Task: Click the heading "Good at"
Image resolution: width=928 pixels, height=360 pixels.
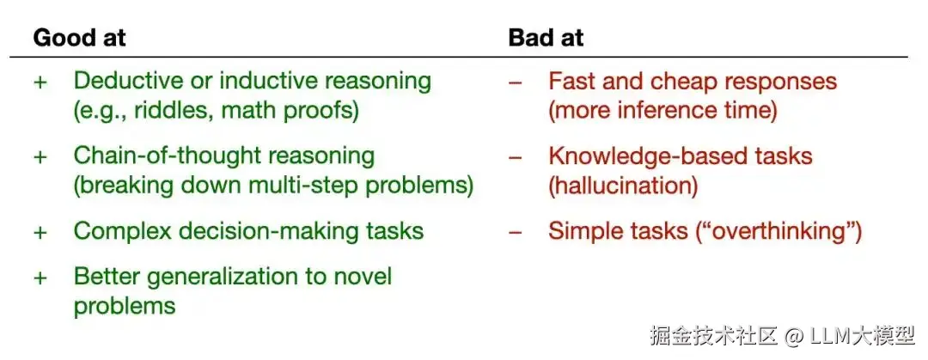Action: (x=79, y=38)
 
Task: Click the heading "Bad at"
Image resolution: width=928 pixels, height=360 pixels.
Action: (x=546, y=38)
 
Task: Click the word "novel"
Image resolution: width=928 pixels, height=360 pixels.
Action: (x=365, y=276)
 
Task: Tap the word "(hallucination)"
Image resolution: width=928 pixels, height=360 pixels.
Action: (x=623, y=186)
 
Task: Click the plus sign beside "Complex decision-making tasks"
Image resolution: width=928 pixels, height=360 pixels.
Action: (x=40, y=232)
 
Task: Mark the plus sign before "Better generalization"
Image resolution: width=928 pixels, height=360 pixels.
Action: (x=40, y=278)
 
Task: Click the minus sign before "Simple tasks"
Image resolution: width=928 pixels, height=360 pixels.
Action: (x=516, y=232)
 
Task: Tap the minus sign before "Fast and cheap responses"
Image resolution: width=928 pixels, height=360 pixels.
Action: (x=516, y=82)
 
